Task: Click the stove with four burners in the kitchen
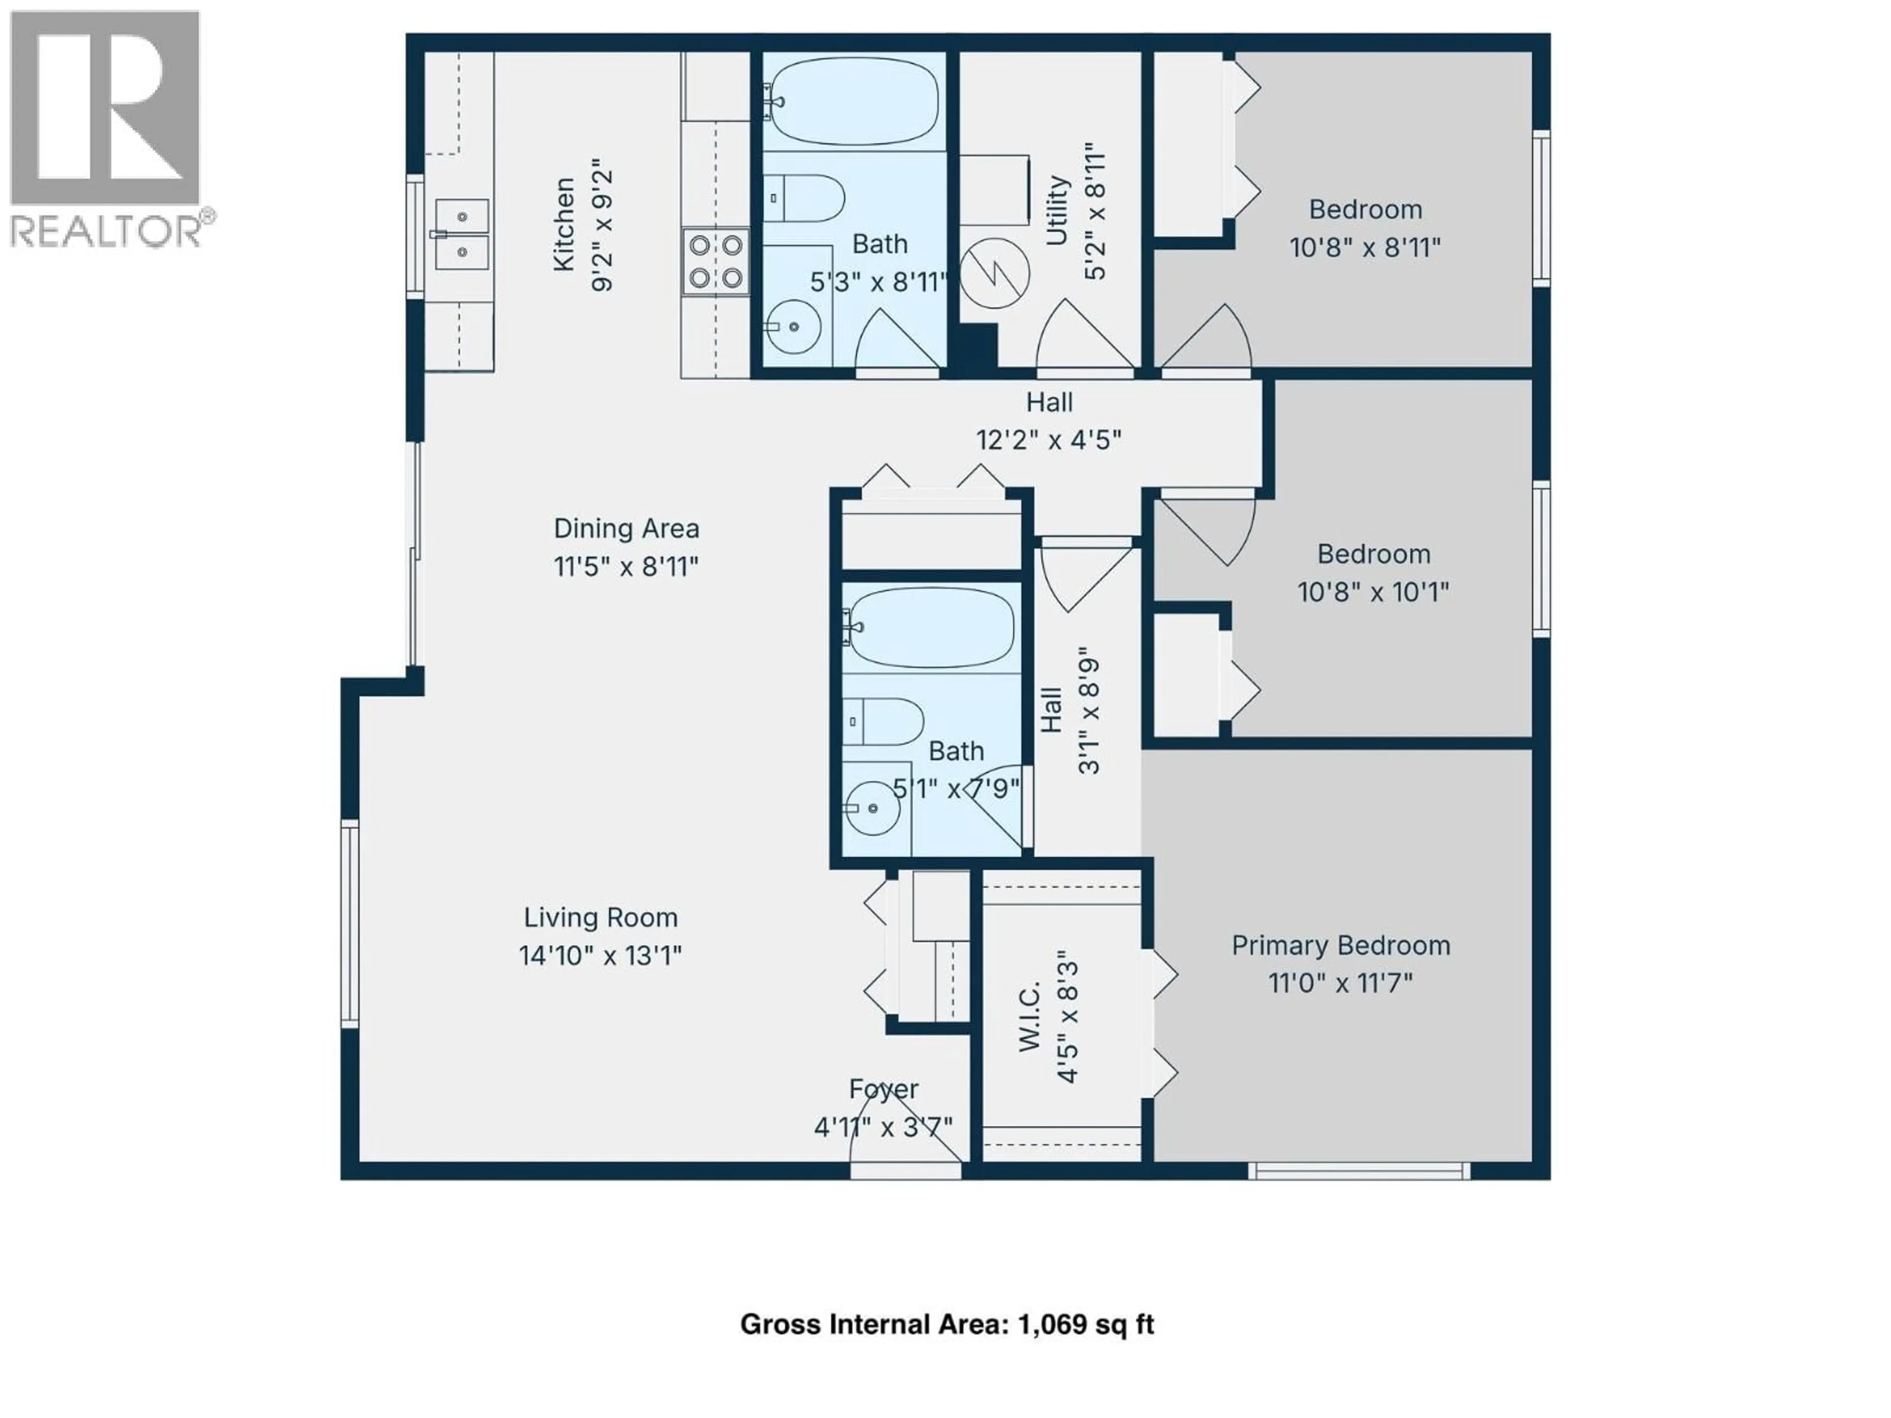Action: (716, 261)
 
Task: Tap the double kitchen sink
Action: (461, 234)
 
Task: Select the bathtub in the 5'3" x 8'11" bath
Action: (853, 102)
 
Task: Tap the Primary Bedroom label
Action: (1340, 945)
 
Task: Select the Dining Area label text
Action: (626, 528)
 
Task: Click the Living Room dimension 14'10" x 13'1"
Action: (600, 955)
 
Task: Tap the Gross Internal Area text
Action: (946, 1324)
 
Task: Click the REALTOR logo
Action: (107, 128)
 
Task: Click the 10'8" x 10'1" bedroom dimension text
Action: (1373, 591)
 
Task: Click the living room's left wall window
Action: (350, 923)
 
